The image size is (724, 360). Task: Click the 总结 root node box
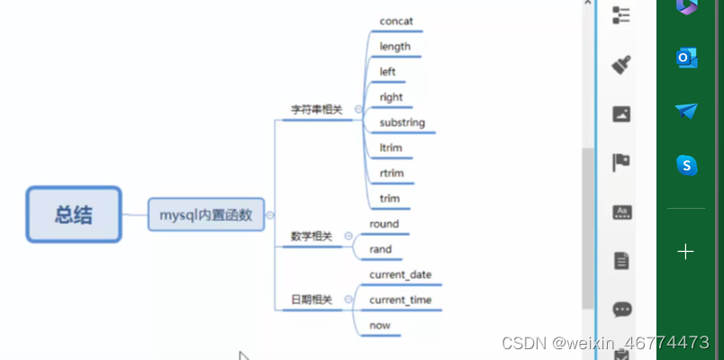[74, 214]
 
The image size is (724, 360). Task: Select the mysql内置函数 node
[206, 214]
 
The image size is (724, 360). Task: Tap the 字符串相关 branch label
[316, 110]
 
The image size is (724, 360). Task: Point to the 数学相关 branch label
[311, 237]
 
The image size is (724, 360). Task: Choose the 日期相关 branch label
[311, 300]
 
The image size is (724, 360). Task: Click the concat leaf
[396, 21]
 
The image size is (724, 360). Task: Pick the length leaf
[394, 46]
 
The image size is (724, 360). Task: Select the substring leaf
[402, 122]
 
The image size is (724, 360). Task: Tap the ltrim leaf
[390, 148]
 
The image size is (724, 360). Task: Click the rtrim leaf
[392, 173]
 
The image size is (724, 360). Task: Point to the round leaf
[384, 224]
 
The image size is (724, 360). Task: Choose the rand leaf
[380, 249]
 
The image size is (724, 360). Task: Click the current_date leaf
[401, 274]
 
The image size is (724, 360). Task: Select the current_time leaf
[401, 300]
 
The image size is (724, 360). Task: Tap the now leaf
[380, 325]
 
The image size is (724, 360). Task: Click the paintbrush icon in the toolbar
[621, 64]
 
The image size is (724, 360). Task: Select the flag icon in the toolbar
[621, 162]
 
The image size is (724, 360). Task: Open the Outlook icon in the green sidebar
[687, 58]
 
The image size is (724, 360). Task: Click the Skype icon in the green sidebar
[687, 165]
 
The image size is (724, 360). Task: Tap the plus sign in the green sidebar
[686, 251]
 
